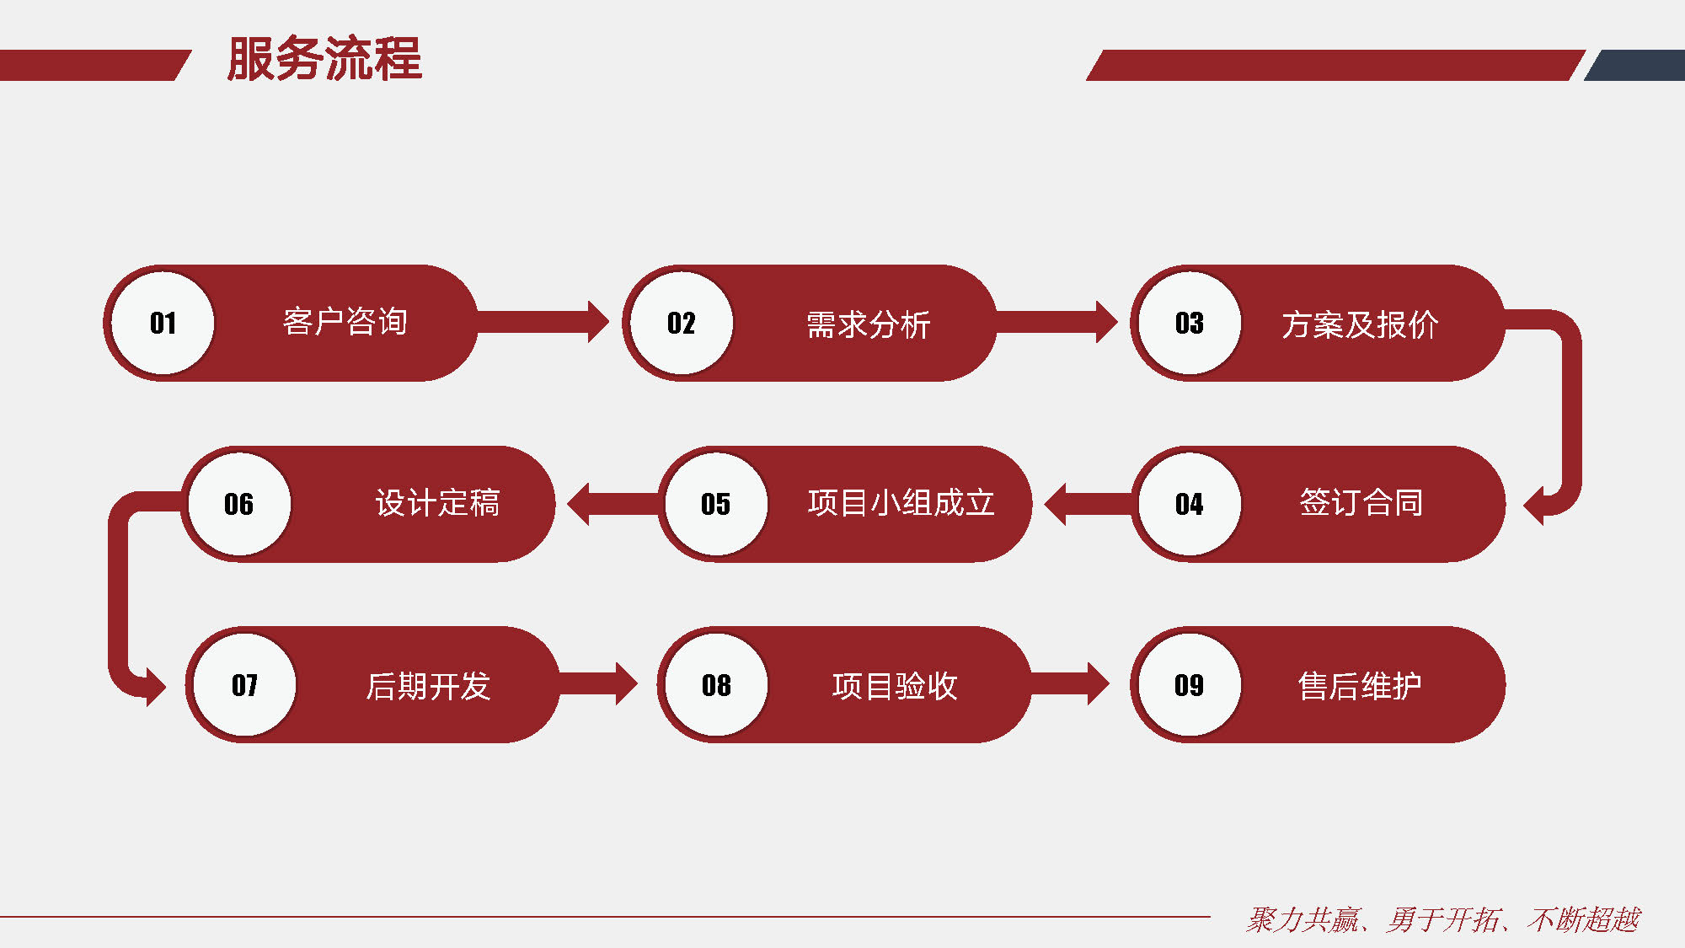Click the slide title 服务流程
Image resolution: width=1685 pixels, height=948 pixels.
click(324, 58)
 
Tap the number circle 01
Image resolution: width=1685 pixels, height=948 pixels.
click(163, 323)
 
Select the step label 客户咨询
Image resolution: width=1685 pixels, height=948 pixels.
click(345, 322)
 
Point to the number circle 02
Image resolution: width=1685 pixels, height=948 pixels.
click(682, 323)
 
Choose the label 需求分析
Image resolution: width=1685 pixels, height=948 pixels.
click(869, 324)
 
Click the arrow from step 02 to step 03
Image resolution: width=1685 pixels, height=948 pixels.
click(1056, 322)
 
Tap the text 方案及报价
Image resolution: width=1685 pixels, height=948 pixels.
click(1360, 324)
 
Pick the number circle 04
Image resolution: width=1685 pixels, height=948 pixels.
click(1190, 504)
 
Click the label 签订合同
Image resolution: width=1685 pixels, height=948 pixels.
click(1361, 503)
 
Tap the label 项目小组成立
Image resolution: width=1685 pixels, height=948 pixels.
click(901, 503)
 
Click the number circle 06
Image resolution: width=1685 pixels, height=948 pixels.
click(239, 504)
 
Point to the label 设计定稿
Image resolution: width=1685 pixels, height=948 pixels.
click(438, 503)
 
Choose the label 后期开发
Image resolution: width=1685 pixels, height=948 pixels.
click(428, 686)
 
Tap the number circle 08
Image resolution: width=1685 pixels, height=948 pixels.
click(716, 685)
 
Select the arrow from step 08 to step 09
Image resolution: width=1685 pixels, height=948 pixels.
click(1070, 683)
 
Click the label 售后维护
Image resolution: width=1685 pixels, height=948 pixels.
click(1360, 686)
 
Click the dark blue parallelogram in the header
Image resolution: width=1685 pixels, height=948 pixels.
click(1634, 66)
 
